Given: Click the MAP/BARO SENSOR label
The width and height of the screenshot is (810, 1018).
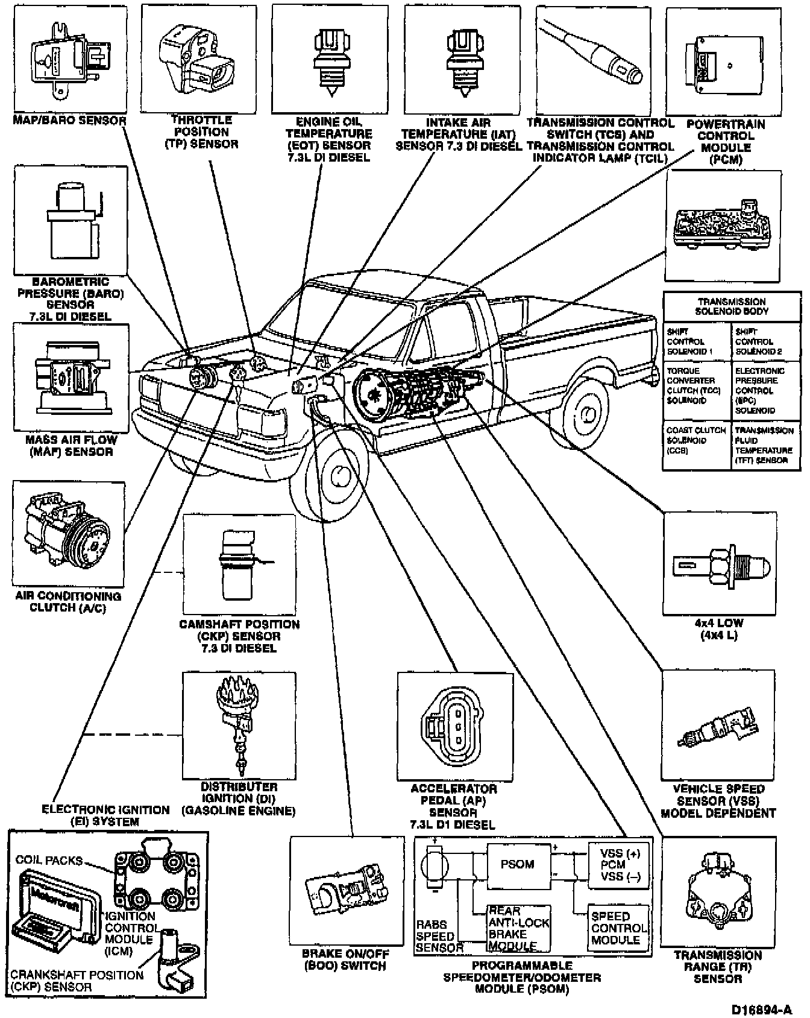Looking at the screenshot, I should click(70, 121).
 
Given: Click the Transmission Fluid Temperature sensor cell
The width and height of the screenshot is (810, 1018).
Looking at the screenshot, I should click(765, 445).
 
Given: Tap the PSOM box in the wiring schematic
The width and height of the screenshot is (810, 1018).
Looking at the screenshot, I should click(518, 864).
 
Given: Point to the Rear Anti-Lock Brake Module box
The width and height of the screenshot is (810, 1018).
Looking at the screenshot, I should click(518, 929).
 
